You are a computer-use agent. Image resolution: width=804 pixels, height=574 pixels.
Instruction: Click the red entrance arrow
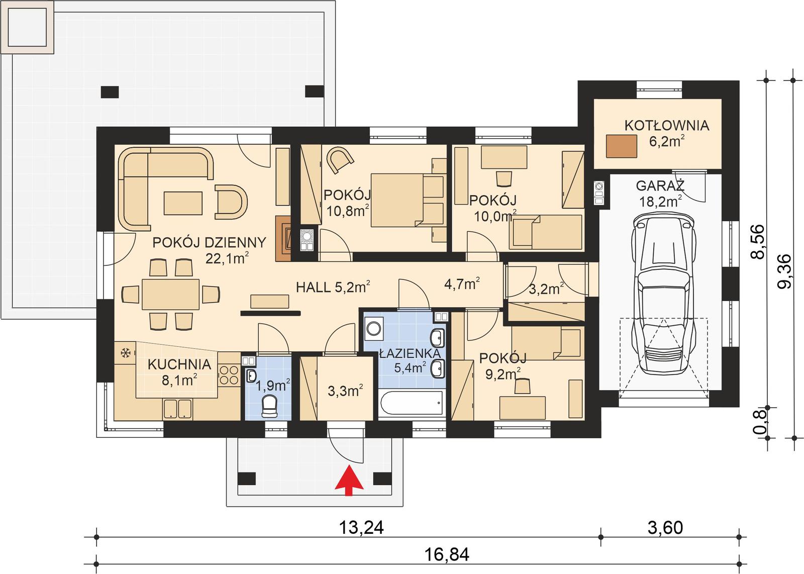point(349,480)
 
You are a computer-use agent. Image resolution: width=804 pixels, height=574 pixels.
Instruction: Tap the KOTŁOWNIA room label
point(666,125)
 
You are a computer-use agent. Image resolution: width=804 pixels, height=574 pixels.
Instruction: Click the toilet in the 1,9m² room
point(270,405)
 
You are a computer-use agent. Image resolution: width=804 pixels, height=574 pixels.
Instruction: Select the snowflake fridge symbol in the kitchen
point(125,353)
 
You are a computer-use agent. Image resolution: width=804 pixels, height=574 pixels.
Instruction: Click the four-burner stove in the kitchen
point(229,375)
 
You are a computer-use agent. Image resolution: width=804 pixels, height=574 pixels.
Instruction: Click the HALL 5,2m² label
point(333,288)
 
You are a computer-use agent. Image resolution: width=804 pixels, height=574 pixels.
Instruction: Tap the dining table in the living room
point(171,294)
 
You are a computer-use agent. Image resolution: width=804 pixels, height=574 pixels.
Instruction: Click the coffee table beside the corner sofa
point(183,203)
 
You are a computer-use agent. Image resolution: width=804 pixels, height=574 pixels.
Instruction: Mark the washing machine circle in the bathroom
point(374,329)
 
